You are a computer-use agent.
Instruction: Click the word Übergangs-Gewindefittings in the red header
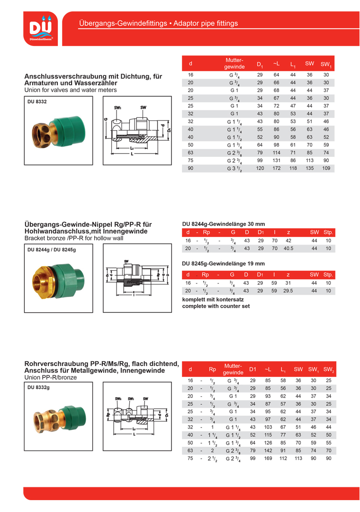[x=123, y=23]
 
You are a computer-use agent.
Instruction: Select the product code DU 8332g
[x=39, y=387]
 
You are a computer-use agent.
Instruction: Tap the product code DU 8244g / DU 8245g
[x=52, y=249]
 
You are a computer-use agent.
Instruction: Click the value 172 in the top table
[x=276, y=169]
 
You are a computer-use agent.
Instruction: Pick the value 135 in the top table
[x=309, y=169]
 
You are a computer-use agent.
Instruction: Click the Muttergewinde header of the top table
[x=234, y=64]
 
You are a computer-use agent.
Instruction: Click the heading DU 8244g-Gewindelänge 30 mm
[x=224, y=224]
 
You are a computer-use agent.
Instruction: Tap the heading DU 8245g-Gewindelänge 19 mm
[x=224, y=264]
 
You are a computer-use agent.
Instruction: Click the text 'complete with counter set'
[x=216, y=306]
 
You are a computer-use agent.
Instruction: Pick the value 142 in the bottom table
[x=268, y=450]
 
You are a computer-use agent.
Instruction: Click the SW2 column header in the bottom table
[x=329, y=370]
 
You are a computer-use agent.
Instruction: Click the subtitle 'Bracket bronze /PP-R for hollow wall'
[x=73, y=238]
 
